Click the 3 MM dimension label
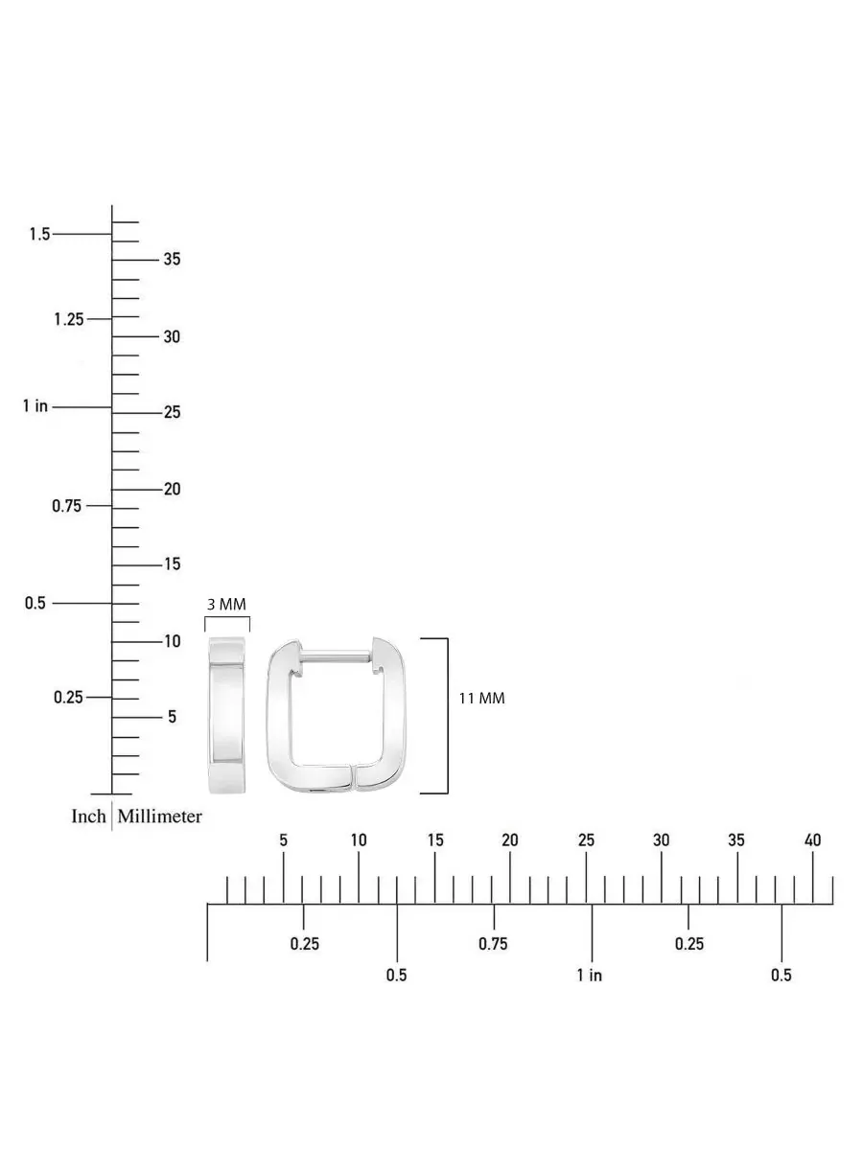tap(226, 605)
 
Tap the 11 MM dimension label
tap(482, 699)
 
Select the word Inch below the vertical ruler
tap(88, 816)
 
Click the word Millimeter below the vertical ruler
tap(159, 816)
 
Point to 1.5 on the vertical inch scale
tap(39, 234)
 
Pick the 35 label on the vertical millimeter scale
tap(172, 259)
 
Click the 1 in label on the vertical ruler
tap(35, 405)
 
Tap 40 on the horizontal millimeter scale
tap(812, 840)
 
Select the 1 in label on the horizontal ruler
tap(590, 975)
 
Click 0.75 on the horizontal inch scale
tap(493, 944)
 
